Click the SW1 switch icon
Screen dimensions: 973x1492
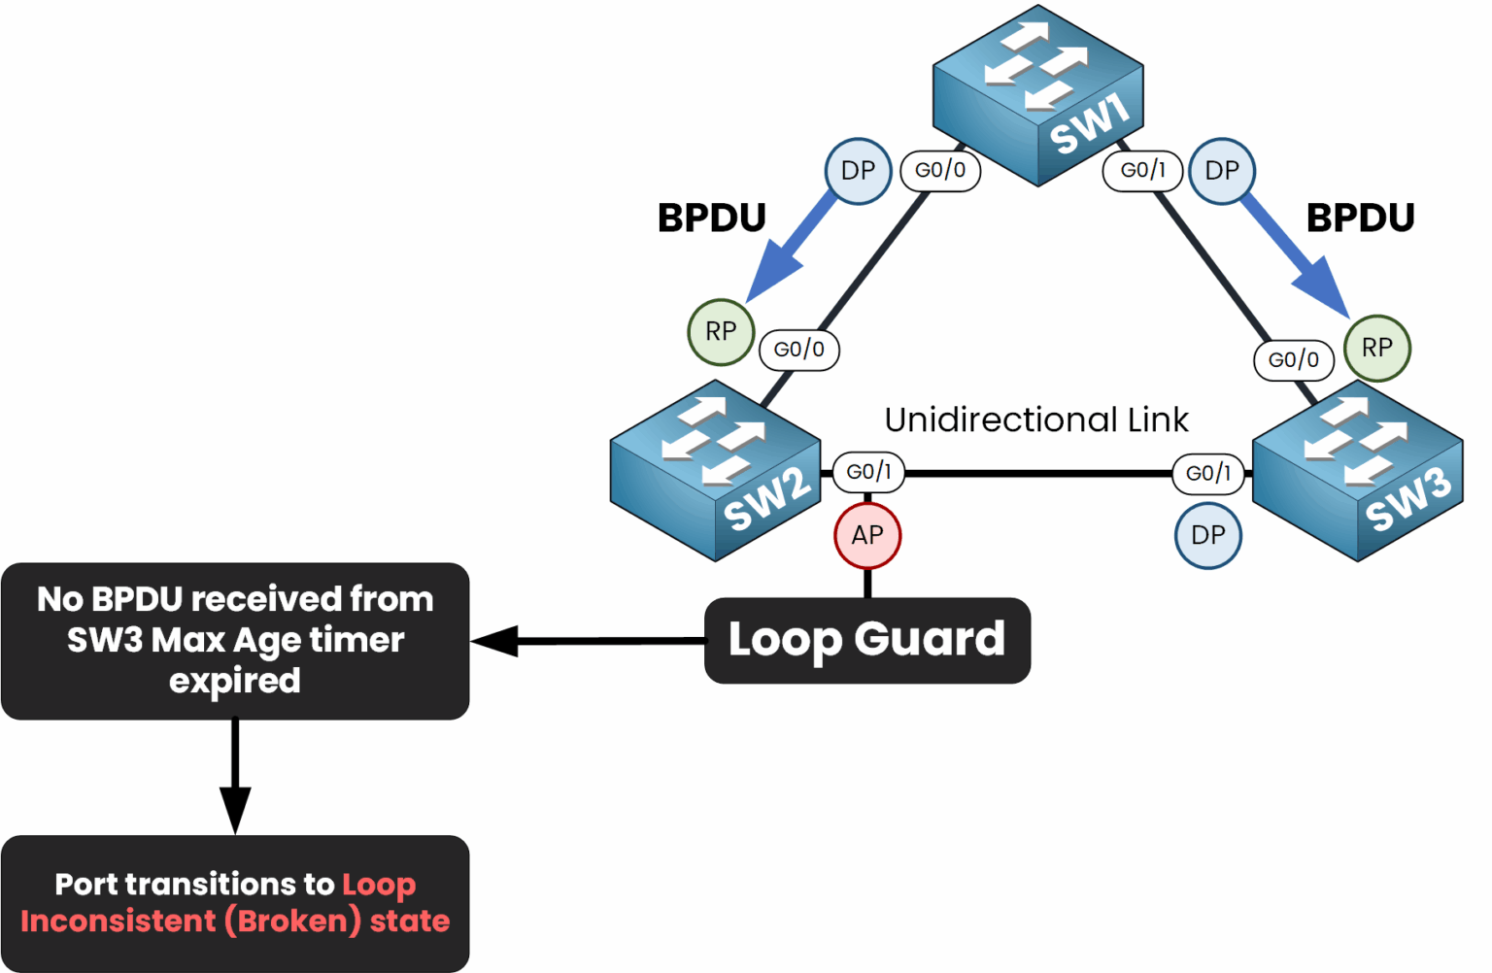[1037, 94]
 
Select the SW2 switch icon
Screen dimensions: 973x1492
[716, 471]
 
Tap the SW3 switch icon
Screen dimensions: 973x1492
[1358, 471]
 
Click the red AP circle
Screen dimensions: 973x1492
[867, 535]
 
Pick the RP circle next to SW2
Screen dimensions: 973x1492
[721, 332]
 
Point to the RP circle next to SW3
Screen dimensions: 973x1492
[1376, 348]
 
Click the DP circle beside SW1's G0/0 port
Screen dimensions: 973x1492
[858, 171]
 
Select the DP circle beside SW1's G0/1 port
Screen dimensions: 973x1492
[1222, 171]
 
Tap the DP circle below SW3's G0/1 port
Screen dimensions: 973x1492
[1207, 535]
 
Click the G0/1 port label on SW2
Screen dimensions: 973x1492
[868, 472]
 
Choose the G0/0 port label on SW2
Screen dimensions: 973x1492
[798, 350]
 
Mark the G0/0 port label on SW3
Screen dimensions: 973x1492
[1294, 360]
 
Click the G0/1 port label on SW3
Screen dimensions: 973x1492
[1208, 474]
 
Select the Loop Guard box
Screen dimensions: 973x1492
[866, 640]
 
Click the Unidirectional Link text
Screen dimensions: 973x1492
[1035, 419]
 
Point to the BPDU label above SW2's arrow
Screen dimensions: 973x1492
[712, 218]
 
